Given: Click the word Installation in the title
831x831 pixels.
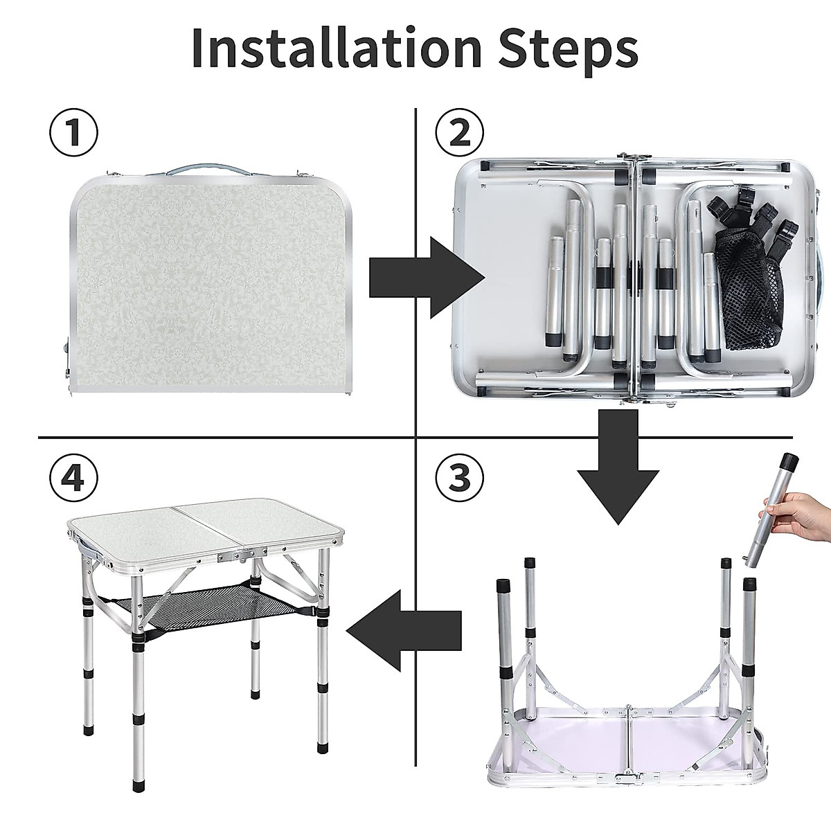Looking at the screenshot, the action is (337, 48).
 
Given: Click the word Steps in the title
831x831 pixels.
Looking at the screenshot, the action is (568, 51).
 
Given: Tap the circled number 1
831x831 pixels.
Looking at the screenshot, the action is (73, 132).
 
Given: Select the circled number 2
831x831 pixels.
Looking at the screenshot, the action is (460, 132).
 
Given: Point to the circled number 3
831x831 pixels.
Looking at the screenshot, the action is (460, 477).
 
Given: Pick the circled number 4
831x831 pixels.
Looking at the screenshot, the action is (73, 477).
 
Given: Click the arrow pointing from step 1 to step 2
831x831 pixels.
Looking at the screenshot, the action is (428, 277).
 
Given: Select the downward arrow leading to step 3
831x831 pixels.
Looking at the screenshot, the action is (618, 468).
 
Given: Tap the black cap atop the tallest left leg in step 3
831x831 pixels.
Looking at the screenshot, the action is (503, 586).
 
